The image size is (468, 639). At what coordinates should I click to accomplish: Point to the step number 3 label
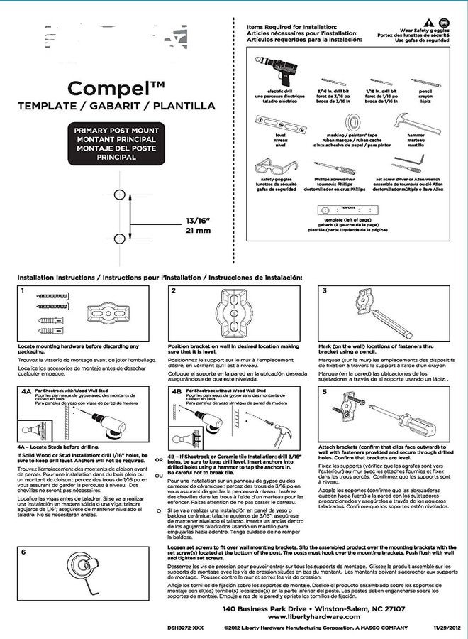point(325,291)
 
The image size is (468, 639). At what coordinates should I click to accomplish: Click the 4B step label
point(177,391)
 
